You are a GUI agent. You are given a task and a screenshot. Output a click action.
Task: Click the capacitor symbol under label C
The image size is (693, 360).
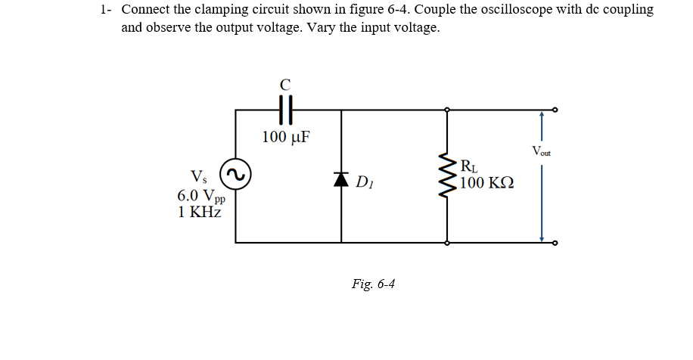click(285, 110)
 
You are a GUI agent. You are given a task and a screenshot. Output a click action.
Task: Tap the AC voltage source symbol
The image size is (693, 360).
click(235, 175)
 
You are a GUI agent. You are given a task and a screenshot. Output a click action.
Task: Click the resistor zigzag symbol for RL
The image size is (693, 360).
click(447, 175)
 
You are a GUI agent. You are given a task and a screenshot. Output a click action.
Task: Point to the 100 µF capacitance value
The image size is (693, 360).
click(285, 137)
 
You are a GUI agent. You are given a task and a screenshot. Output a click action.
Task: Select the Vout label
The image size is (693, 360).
click(541, 151)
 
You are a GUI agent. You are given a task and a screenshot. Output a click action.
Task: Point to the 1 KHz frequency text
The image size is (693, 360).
click(200, 212)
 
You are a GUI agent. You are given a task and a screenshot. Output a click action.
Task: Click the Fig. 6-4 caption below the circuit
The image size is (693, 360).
click(373, 284)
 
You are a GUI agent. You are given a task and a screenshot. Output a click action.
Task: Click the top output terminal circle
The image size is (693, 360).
click(556, 110)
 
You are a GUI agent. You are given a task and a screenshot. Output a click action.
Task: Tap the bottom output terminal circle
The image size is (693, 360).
click(556, 243)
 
